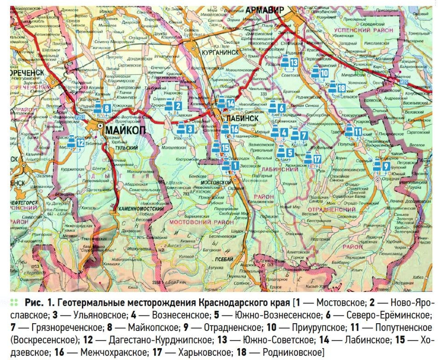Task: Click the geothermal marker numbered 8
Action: [x=103, y=109]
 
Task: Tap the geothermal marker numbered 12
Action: [x=75, y=143]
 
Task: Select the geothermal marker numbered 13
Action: [x=289, y=63]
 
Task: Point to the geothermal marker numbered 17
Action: [x=312, y=159]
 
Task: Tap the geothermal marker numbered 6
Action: [x=277, y=108]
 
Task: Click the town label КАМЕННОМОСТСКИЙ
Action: [x=138, y=209]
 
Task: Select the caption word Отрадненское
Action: [x=237, y=328]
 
